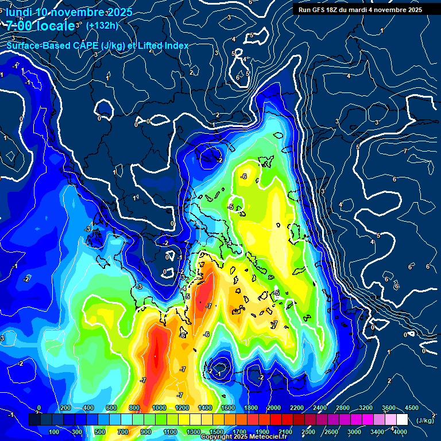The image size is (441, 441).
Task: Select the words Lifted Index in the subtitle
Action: (165, 46)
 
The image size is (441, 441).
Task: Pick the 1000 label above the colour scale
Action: (158, 408)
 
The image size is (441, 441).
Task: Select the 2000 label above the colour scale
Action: (273, 408)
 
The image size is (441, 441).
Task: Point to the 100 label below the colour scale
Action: (54, 432)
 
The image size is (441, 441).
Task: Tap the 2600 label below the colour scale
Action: (331, 432)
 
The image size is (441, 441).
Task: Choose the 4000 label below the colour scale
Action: (400, 432)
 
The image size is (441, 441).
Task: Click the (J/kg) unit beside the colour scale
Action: (424, 420)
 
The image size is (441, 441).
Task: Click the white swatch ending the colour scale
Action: (402, 420)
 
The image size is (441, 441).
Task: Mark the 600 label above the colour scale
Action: (111, 408)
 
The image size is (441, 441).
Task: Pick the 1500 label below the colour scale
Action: (216, 432)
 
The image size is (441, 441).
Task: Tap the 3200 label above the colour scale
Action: (366, 408)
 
